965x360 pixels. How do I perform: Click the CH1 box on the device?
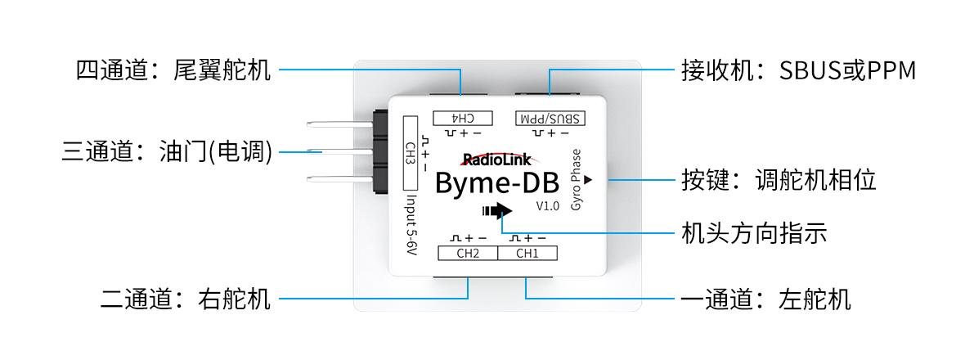527,253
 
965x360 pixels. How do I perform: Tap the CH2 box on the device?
468,253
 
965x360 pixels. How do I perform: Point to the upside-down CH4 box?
464,118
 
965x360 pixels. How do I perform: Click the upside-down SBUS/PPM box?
550,118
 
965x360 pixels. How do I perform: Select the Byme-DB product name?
496,183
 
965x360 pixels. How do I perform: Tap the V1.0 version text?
547,206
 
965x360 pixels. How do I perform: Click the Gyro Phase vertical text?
576,180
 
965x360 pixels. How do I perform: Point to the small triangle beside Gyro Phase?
588,180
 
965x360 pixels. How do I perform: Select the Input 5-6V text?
411,227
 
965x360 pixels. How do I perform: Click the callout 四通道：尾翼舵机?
173,70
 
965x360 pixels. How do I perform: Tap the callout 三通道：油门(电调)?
167,151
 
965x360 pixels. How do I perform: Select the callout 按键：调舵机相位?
779,180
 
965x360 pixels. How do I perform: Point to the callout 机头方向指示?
754,233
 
